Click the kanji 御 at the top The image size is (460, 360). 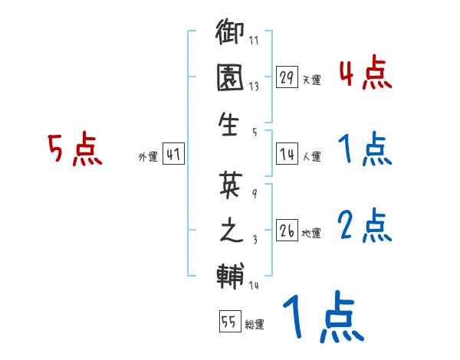coord(230,34)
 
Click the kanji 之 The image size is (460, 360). coord(230,231)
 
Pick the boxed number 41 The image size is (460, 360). coord(172,155)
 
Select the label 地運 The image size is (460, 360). coord(311,233)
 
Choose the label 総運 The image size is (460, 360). coord(254,324)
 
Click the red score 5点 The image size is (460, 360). coord(74,149)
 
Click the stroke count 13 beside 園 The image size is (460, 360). coord(254,87)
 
